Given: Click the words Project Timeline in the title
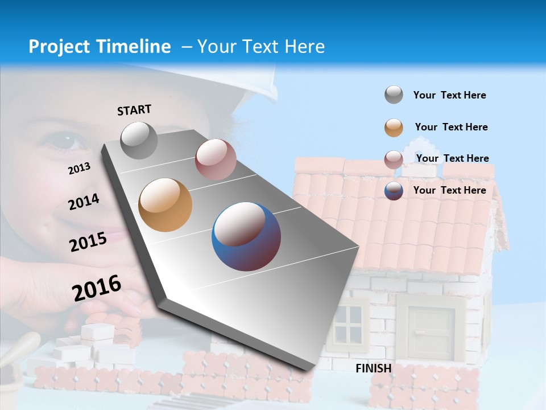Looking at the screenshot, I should coord(100,47).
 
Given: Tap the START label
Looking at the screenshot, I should coord(134,110).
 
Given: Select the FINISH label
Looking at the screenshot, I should coord(374,368).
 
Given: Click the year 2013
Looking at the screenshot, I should coord(79,169).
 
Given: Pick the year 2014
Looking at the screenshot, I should coord(84,202).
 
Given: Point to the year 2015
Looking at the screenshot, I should coord(88,242).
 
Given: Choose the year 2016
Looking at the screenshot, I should coord(97,288).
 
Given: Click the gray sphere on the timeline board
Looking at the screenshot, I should coord(139,141).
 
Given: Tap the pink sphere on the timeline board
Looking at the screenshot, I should coord(216,159).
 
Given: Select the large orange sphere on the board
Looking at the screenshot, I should coord(166,205).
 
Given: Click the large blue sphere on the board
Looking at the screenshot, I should coord(246,236).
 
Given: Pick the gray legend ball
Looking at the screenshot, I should coord(394,95).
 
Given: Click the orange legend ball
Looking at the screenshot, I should coord(394,128).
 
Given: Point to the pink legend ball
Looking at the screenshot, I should coord(394,159).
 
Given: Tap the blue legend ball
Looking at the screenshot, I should coord(394,191).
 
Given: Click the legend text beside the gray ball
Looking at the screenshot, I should coord(449,95).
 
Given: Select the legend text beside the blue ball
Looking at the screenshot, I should coord(449,190).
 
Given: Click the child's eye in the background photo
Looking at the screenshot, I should coord(68,141).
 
